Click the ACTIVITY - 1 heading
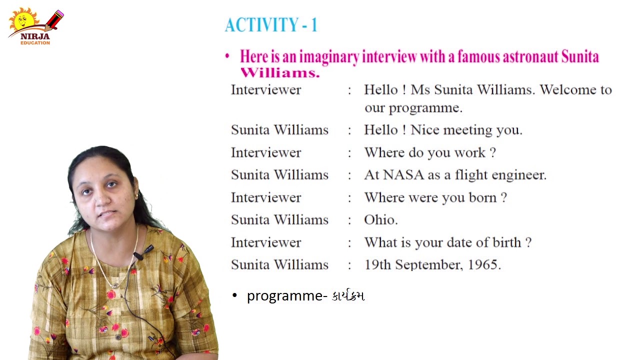pos(271,24)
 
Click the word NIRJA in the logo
pos(35,36)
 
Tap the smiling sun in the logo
pos(23,19)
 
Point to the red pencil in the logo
pos(54,20)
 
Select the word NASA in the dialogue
pos(403,175)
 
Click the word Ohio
pos(380,219)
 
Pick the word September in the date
pos(427,265)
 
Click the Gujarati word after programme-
pos(348,295)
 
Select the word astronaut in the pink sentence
pos(529,56)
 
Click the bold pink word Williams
pos(280,73)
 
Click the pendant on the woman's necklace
pos(115,285)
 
